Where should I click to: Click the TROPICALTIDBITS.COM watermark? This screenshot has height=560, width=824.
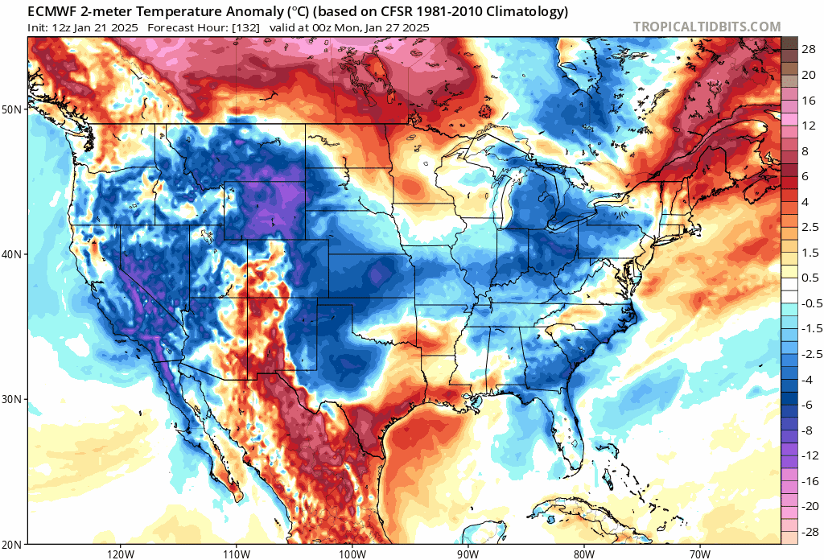[707, 27]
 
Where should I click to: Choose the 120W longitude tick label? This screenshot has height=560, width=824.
[119, 554]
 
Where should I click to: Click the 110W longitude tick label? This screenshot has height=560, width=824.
[236, 554]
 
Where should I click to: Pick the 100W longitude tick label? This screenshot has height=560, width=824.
[352, 554]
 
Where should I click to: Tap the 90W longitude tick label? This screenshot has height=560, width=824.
[467, 554]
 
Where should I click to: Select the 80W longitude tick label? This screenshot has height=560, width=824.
[583, 554]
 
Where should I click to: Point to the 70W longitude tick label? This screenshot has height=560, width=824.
[699, 554]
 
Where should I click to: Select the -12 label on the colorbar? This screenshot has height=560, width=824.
[807, 455]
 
